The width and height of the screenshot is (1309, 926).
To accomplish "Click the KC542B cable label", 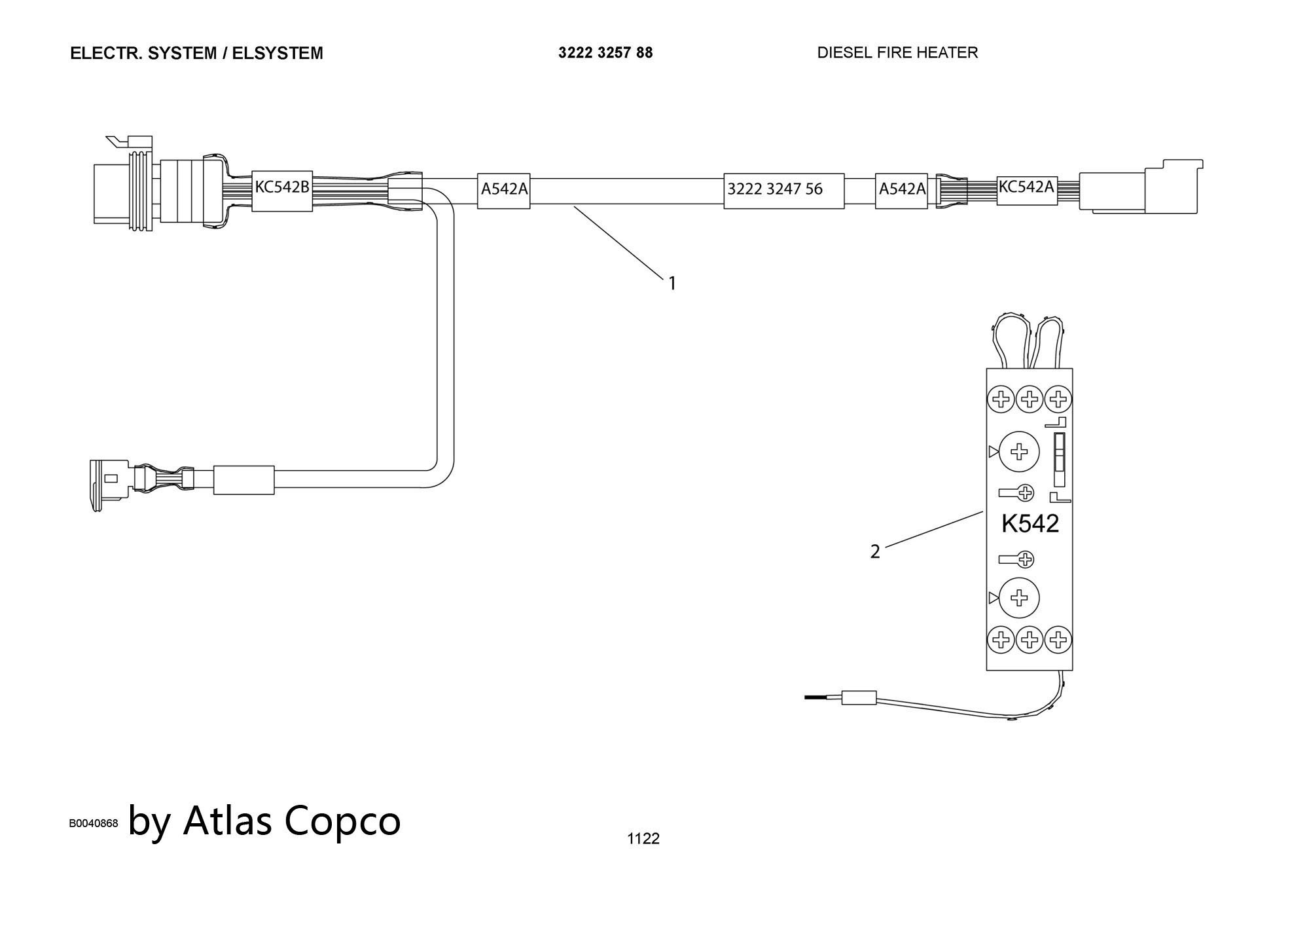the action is (x=281, y=191).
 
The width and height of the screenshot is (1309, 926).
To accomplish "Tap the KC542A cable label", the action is (x=1026, y=189).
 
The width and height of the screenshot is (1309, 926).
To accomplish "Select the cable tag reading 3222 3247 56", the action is (x=783, y=191).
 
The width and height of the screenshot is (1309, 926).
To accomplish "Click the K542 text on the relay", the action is (x=1030, y=523).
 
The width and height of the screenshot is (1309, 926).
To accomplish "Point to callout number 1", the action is (x=672, y=284).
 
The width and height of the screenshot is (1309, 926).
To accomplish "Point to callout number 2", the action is (x=875, y=551).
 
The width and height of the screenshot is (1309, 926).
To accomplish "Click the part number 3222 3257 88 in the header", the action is (x=605, y=52).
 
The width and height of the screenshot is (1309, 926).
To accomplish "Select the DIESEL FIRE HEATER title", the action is (x=897, y=52).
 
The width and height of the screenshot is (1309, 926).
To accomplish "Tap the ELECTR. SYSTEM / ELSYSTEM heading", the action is (x=196, y=53).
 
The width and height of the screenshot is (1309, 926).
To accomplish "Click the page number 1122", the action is (x=643, y=839).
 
